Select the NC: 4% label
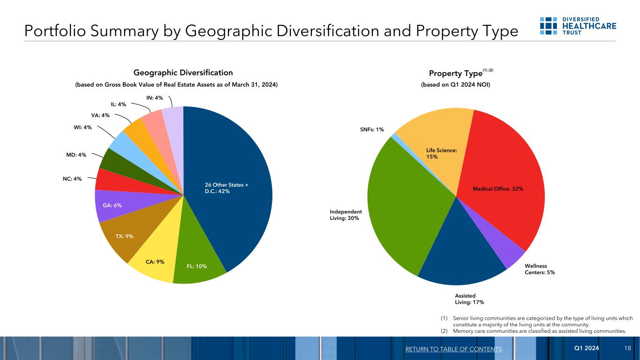(x=72, y=179)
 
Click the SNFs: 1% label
(x=372, y=129)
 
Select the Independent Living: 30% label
(x=346, y=215)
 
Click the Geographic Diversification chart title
(x=183, y=73)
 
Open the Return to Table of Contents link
(x=453, y=349)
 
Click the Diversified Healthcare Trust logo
(x=578, y=26)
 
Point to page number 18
(x=627, y=349)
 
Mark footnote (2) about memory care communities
(x=535, y=331)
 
